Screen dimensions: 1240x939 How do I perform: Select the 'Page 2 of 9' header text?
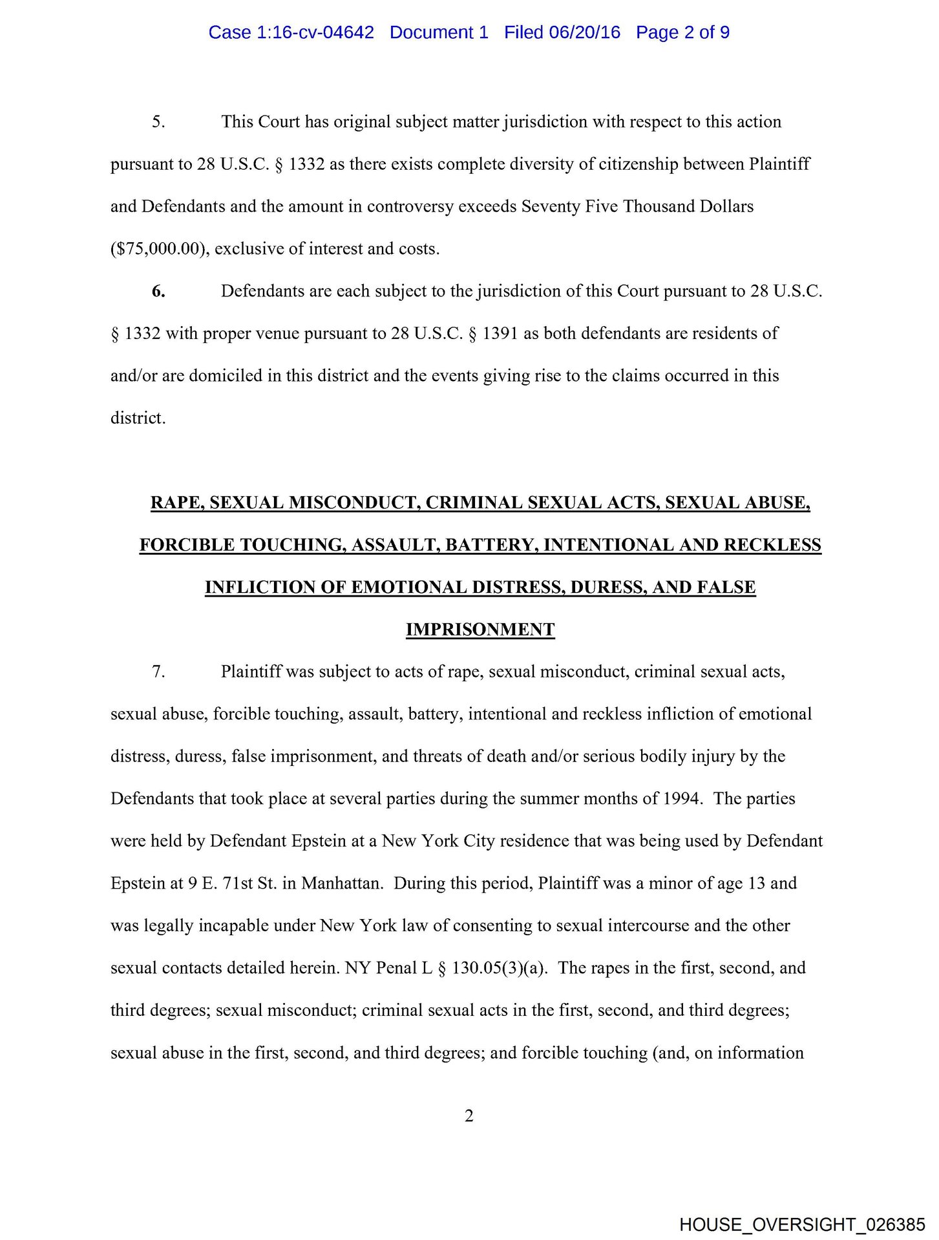(682, 32)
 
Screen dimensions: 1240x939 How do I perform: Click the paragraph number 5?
(158, 122)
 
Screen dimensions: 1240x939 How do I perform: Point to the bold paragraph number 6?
(158, 291)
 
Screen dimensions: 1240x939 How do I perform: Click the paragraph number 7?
(158, 672)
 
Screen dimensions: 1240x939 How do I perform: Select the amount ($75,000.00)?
(160, 249)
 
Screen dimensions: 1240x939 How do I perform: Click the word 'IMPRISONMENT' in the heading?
(480, 630)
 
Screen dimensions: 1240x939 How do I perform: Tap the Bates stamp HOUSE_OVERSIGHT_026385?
(802, 1224)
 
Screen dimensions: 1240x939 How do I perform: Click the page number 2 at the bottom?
(469, 1115)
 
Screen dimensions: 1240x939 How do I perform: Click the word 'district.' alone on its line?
(138, 418)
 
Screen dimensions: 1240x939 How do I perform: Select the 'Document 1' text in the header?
(439, 32)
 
